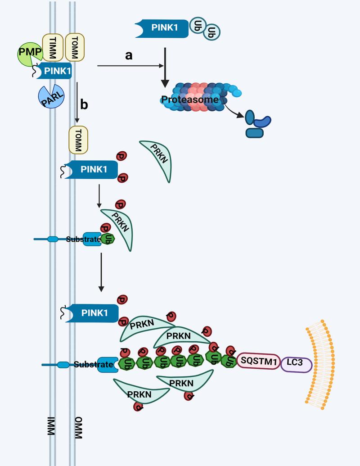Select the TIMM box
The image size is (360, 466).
pos(52,47)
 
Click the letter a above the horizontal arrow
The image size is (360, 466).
pos(129,55)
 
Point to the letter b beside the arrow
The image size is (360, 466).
pos(84,104)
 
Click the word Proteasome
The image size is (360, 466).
pos(191,99)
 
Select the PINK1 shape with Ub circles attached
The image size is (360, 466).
pos(162,28)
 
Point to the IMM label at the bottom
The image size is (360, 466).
pos(50,425)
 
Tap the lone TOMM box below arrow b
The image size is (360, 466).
pos(78,140)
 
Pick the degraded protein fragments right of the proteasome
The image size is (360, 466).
pos(257,124)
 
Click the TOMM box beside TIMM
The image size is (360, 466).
pos(75,47)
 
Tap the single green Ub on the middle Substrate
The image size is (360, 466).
pos(108,239)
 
